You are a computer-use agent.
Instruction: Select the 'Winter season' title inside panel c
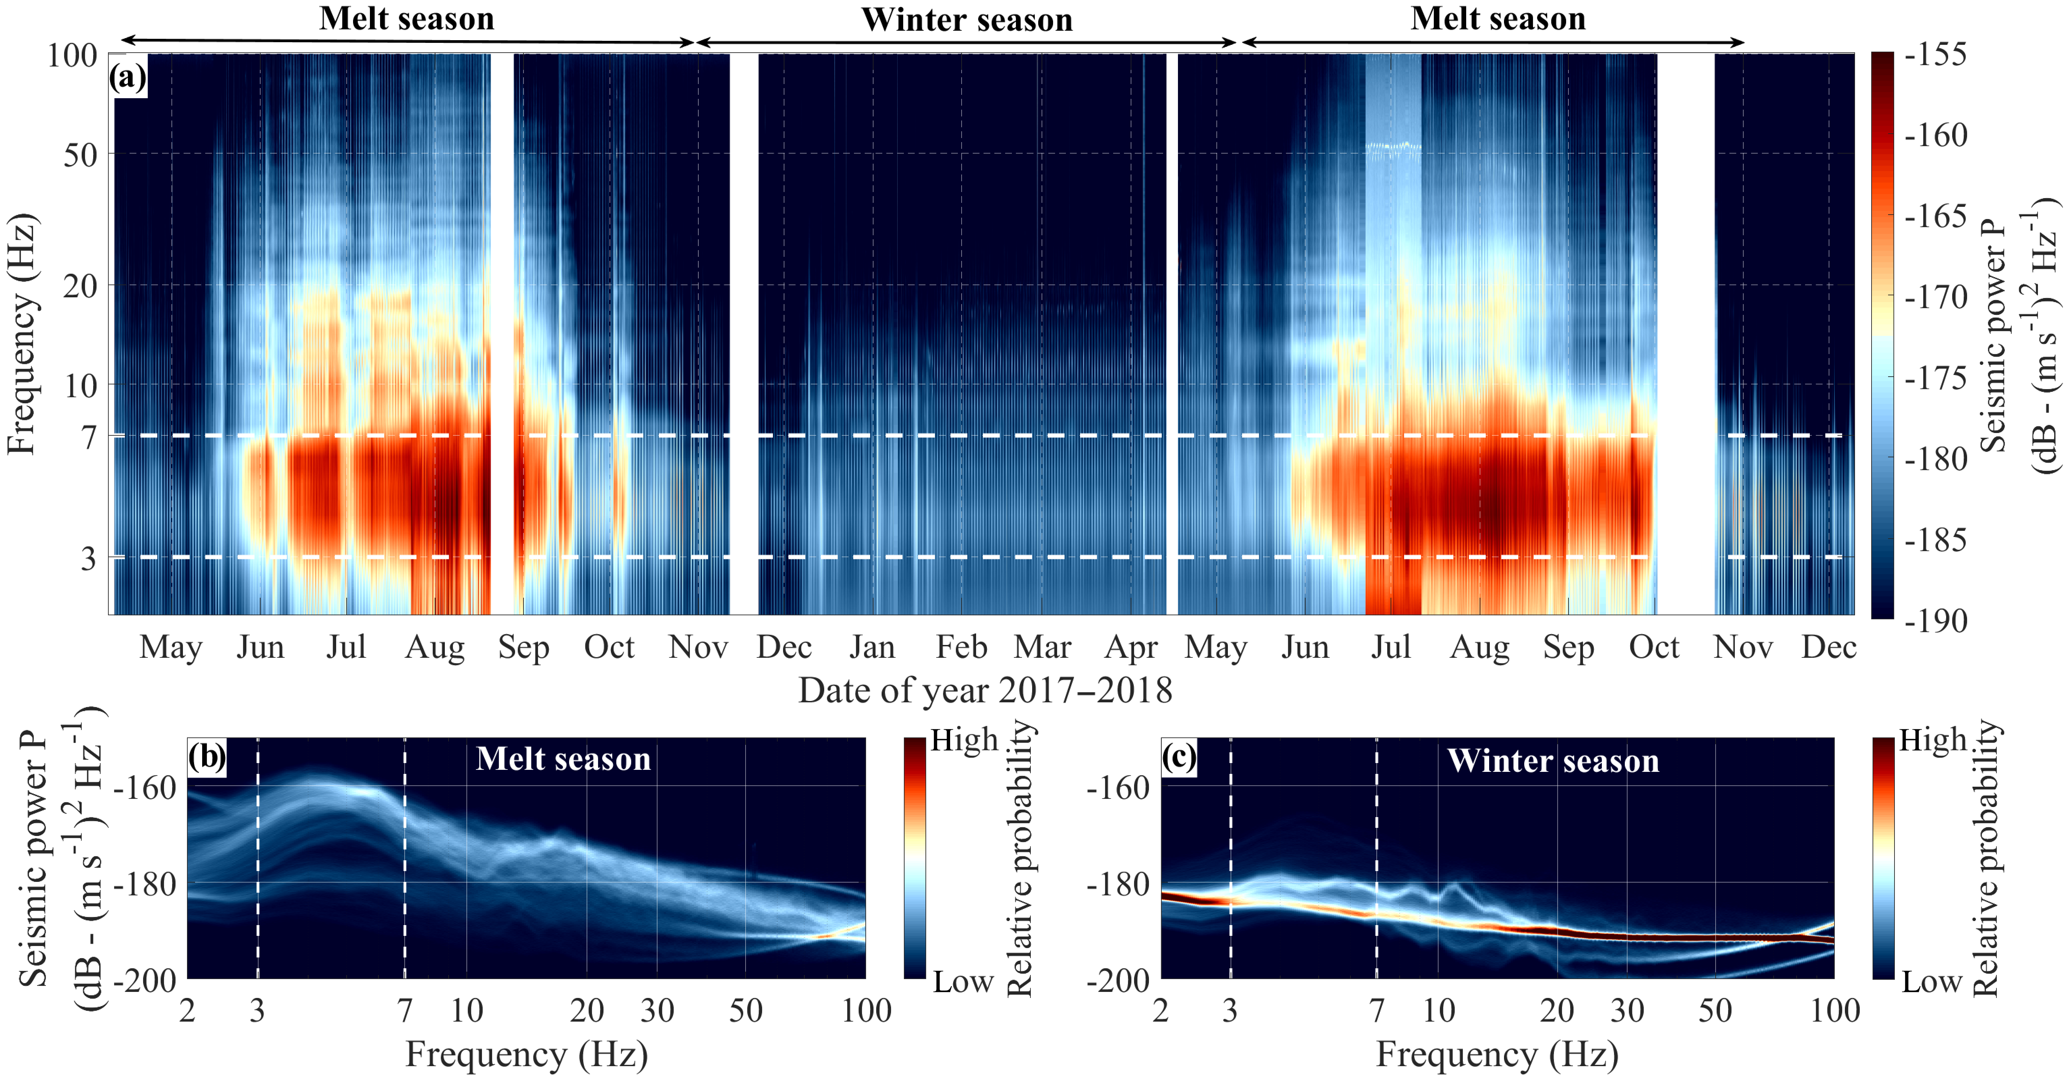(x=1553, y=761)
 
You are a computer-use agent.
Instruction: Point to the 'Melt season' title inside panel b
(x=563, y=759)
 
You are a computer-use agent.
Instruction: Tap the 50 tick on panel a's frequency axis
(x=80, y=154)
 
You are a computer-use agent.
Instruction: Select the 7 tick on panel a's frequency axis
(x=88, y=438)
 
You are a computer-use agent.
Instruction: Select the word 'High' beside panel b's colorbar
(x=964, y=740)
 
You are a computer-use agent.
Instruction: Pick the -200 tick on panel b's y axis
(x=144, y=981)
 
